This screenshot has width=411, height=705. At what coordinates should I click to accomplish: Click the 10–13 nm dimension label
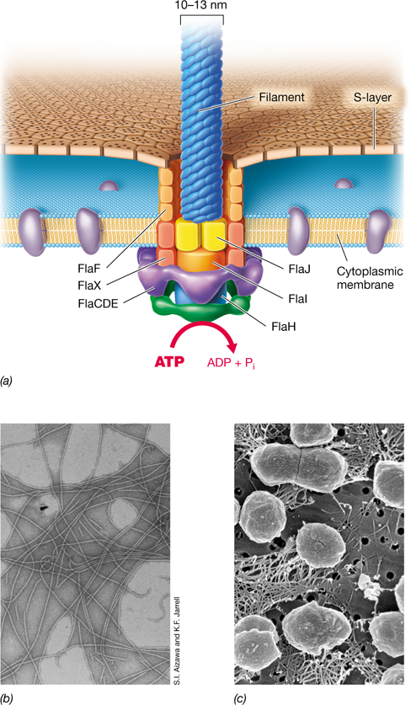(x=202, y=6)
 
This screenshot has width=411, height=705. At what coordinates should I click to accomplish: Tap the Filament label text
(x=282, y=97)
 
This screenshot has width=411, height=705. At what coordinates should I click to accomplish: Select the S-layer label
(x=372, y=97)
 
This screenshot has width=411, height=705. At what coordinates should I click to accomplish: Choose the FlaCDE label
(x=97, y=303)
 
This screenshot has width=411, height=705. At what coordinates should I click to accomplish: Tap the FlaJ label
(x=300, y=270)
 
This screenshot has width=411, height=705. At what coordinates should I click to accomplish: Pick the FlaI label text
(x=299, y=297)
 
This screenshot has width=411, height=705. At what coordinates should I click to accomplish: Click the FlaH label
(x=284, y=327)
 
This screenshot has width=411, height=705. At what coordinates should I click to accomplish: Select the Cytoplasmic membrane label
(x=370, y=278)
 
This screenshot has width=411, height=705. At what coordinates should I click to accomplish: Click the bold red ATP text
(x=169, y=362)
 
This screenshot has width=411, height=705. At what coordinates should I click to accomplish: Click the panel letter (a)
(x=7, y=382)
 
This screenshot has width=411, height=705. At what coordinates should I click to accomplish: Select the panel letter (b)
(x=7, y=697)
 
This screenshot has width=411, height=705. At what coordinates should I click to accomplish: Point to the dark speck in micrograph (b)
(x=44, y=509)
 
